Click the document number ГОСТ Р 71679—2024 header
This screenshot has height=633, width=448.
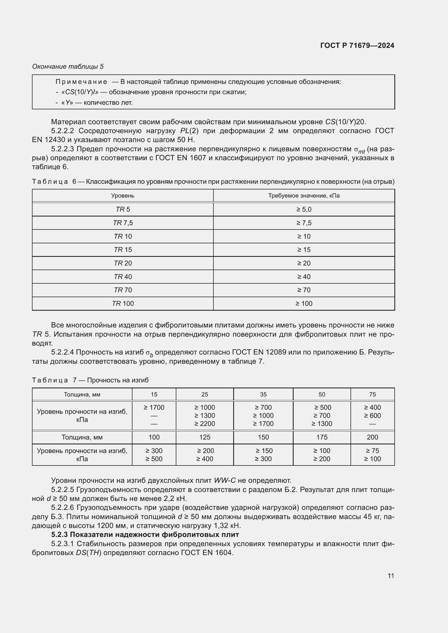[x=357, y=45]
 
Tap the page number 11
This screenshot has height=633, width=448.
[x=391, y=576]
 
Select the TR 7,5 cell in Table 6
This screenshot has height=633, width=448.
[x=123, y=223]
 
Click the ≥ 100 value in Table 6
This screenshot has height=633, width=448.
[x=304, y=304]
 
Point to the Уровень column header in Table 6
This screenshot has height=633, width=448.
[x=123, y=195]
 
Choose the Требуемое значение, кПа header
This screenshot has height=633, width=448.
[x=304, y=195]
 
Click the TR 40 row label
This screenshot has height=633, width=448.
[x=123, y=277]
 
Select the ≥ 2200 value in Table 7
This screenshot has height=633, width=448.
[x=204, y=424]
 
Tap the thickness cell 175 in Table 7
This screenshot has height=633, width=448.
[x=322, y=437]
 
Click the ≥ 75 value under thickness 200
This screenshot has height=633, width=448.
[x=372, y=451]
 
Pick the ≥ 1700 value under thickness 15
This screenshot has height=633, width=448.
[x=154, y=408]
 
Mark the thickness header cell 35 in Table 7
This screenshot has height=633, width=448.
[x=263, y=394]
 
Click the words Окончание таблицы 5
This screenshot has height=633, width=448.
[x=68, y=67]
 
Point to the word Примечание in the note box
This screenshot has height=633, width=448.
[x=81, y=82]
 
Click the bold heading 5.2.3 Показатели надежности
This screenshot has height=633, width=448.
[x=145, y=534]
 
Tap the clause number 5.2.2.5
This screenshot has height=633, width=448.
[x=62, y=490]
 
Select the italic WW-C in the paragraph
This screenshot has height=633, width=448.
[x=225, y=481]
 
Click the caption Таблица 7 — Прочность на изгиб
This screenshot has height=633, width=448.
[x=90, y=380]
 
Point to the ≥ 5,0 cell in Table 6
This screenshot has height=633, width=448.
[x=304, y=209]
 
